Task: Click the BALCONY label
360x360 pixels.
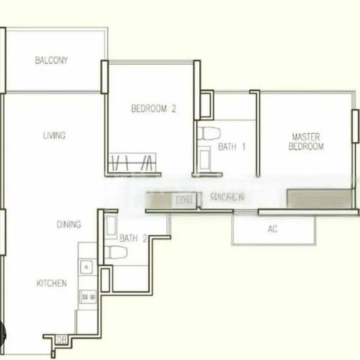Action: coord(52,61)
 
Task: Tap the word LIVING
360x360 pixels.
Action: coord(54,136)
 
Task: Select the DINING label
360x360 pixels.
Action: coord(69,225)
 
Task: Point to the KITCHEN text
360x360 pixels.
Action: coord(52,283)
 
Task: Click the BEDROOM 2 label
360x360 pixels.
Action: coord(154,109)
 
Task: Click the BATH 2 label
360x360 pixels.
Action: coord(133,238)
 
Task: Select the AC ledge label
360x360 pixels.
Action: coord(273,229)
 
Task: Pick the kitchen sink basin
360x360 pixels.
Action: coord(87,266)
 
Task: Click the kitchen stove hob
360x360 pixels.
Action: coord(88,295)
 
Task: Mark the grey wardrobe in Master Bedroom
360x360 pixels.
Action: coord(319,199)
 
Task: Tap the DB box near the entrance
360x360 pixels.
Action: coord(61,340)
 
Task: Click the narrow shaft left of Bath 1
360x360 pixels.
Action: coord(206,104)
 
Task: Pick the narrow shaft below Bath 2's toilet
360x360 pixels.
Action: coord(105,279)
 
